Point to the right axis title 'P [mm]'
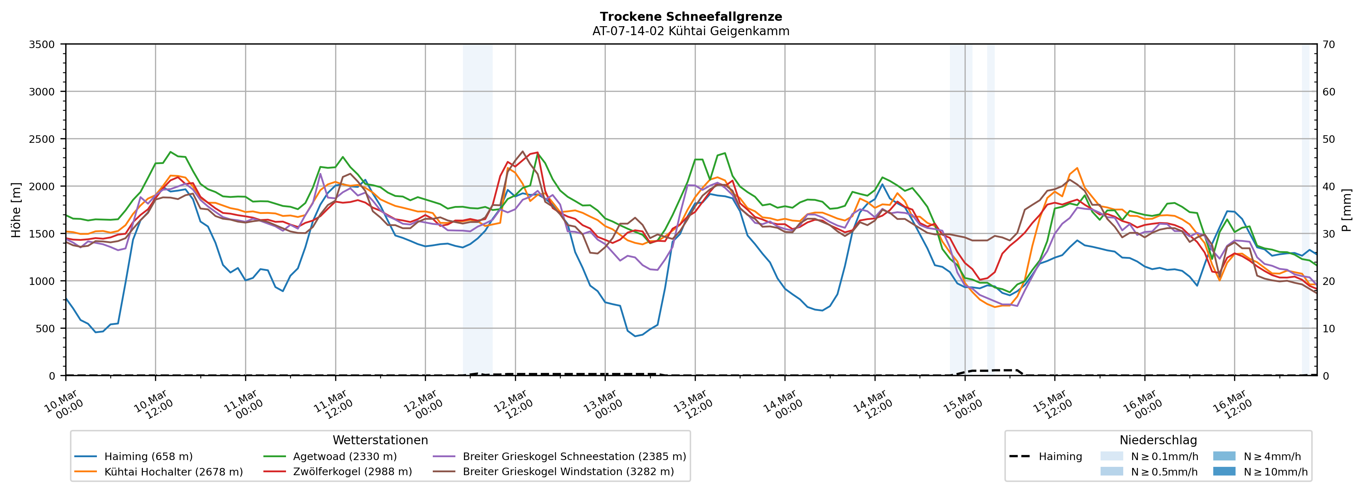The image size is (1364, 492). point(1346,210)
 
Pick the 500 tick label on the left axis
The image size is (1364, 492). point(44,328)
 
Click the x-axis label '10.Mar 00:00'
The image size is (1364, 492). point(65,405)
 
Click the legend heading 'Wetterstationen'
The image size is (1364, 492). point(380,440)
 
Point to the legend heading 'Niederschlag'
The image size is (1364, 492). point(1158,440)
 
